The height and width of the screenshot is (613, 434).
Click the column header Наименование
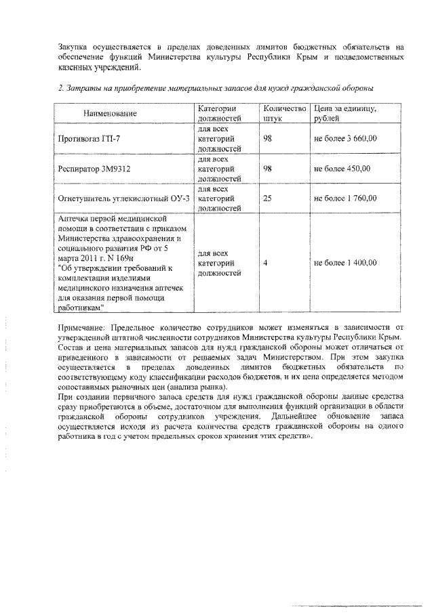pos(110,113)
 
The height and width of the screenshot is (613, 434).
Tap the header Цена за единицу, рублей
pos(345,113)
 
